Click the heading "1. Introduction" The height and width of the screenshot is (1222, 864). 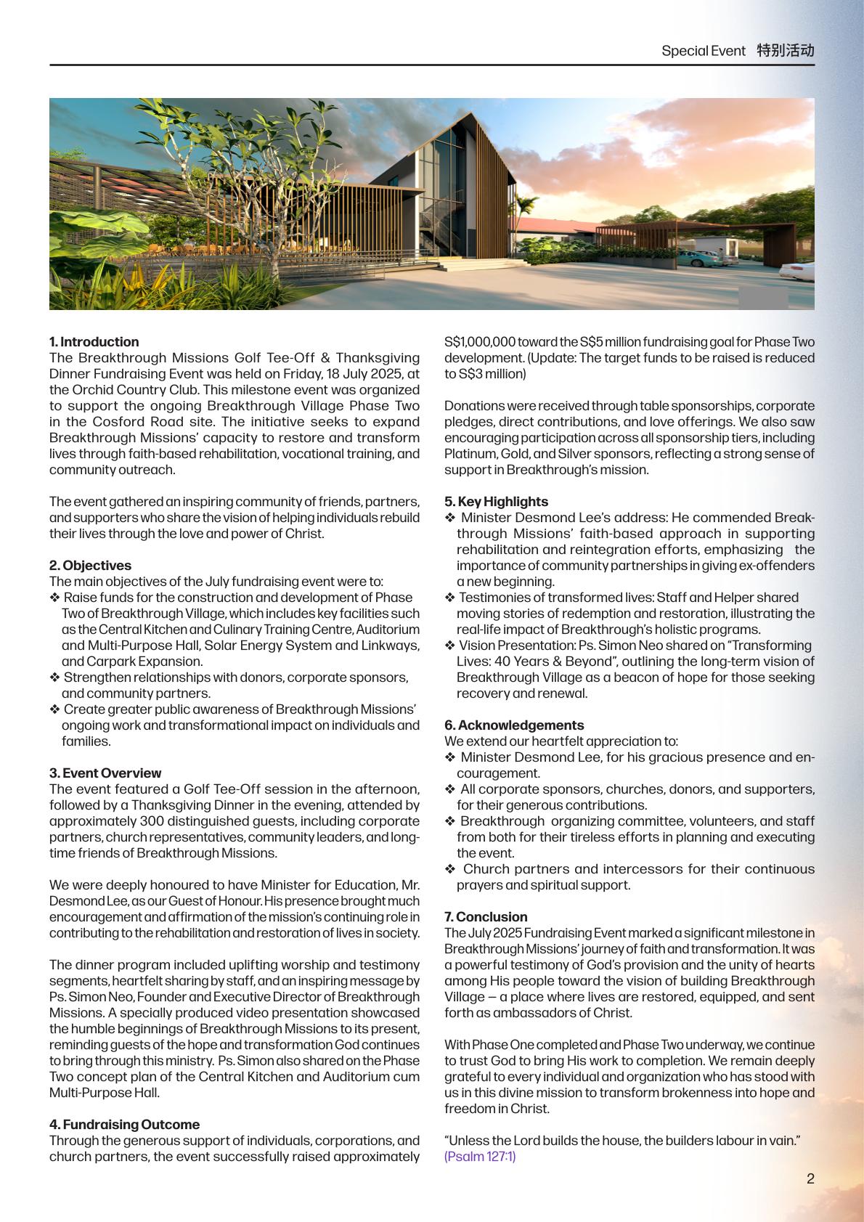(x=94, y=341)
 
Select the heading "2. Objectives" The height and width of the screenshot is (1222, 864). (x=90, y=565)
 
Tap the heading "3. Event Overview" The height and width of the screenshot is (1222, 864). (x=105, y=773)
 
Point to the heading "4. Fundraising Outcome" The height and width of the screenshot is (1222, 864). (x=124, y=1124)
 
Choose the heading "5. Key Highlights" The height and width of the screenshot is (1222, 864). (x=496, y=501)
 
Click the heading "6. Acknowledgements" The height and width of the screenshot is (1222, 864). (x=514, y=725)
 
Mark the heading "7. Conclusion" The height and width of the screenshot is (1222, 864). (x=486, y=916)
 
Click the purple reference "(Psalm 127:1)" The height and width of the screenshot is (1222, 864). (x=480, y=1156)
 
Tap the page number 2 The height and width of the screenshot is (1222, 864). (x=810, y=1178)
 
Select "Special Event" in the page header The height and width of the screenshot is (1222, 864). (x=703, y=51)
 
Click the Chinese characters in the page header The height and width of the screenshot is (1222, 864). (x=785, y=50)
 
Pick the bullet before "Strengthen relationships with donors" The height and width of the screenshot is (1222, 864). (x=54, y=677)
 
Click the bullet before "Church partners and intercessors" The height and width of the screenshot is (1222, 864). (x=450, y=869)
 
